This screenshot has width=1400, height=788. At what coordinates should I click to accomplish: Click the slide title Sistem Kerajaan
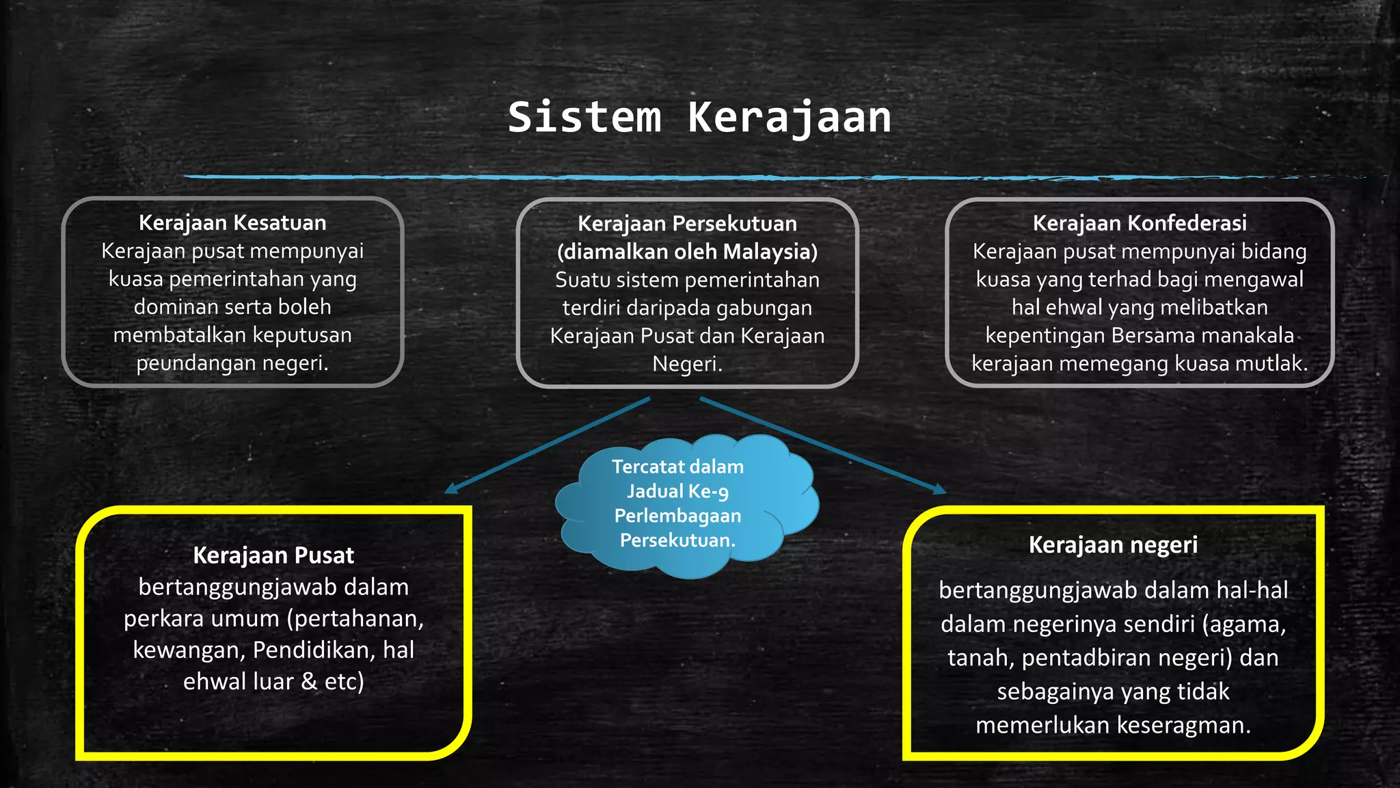[x=699, y=117]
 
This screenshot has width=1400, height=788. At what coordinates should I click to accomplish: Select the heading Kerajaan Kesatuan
[x=232, y=223]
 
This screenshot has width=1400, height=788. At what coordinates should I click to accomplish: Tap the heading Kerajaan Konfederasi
[x=1140, y=223]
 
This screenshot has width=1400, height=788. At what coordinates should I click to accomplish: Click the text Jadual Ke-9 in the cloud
[x=677, y=491]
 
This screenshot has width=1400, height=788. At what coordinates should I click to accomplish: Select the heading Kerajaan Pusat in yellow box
[x=273, y=555]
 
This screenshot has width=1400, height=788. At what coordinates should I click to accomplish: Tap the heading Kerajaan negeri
[x=1113, y=545]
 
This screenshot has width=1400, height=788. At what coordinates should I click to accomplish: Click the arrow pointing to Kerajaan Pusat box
[x=547, y=445]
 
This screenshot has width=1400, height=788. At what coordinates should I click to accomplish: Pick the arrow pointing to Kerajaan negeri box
[x=820, y=445]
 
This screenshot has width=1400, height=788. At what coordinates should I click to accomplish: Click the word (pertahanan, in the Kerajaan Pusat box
[x=355, y=618]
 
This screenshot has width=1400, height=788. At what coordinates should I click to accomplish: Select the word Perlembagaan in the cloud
[x=677, y=516]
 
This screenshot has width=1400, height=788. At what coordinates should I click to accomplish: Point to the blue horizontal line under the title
[x=615, y=177]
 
